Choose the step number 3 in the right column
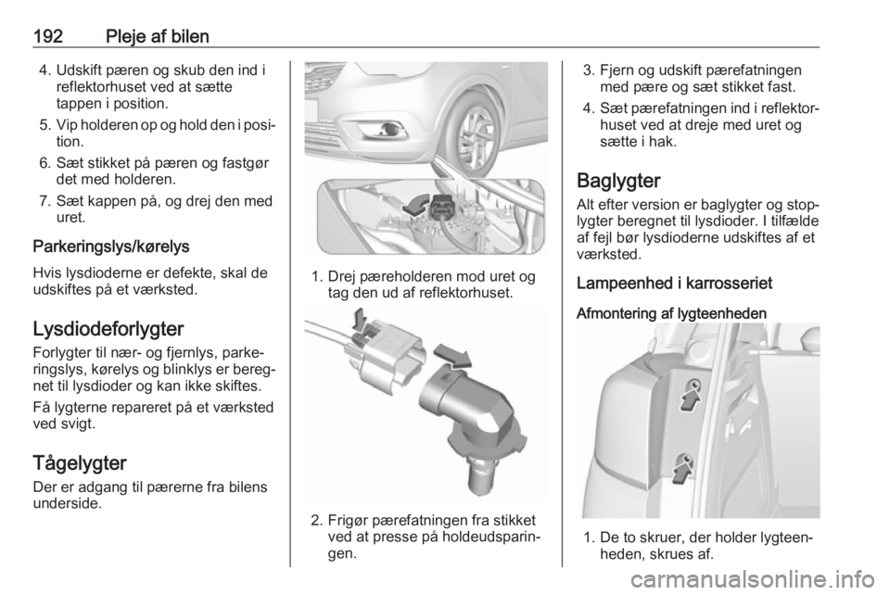(587, 69)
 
